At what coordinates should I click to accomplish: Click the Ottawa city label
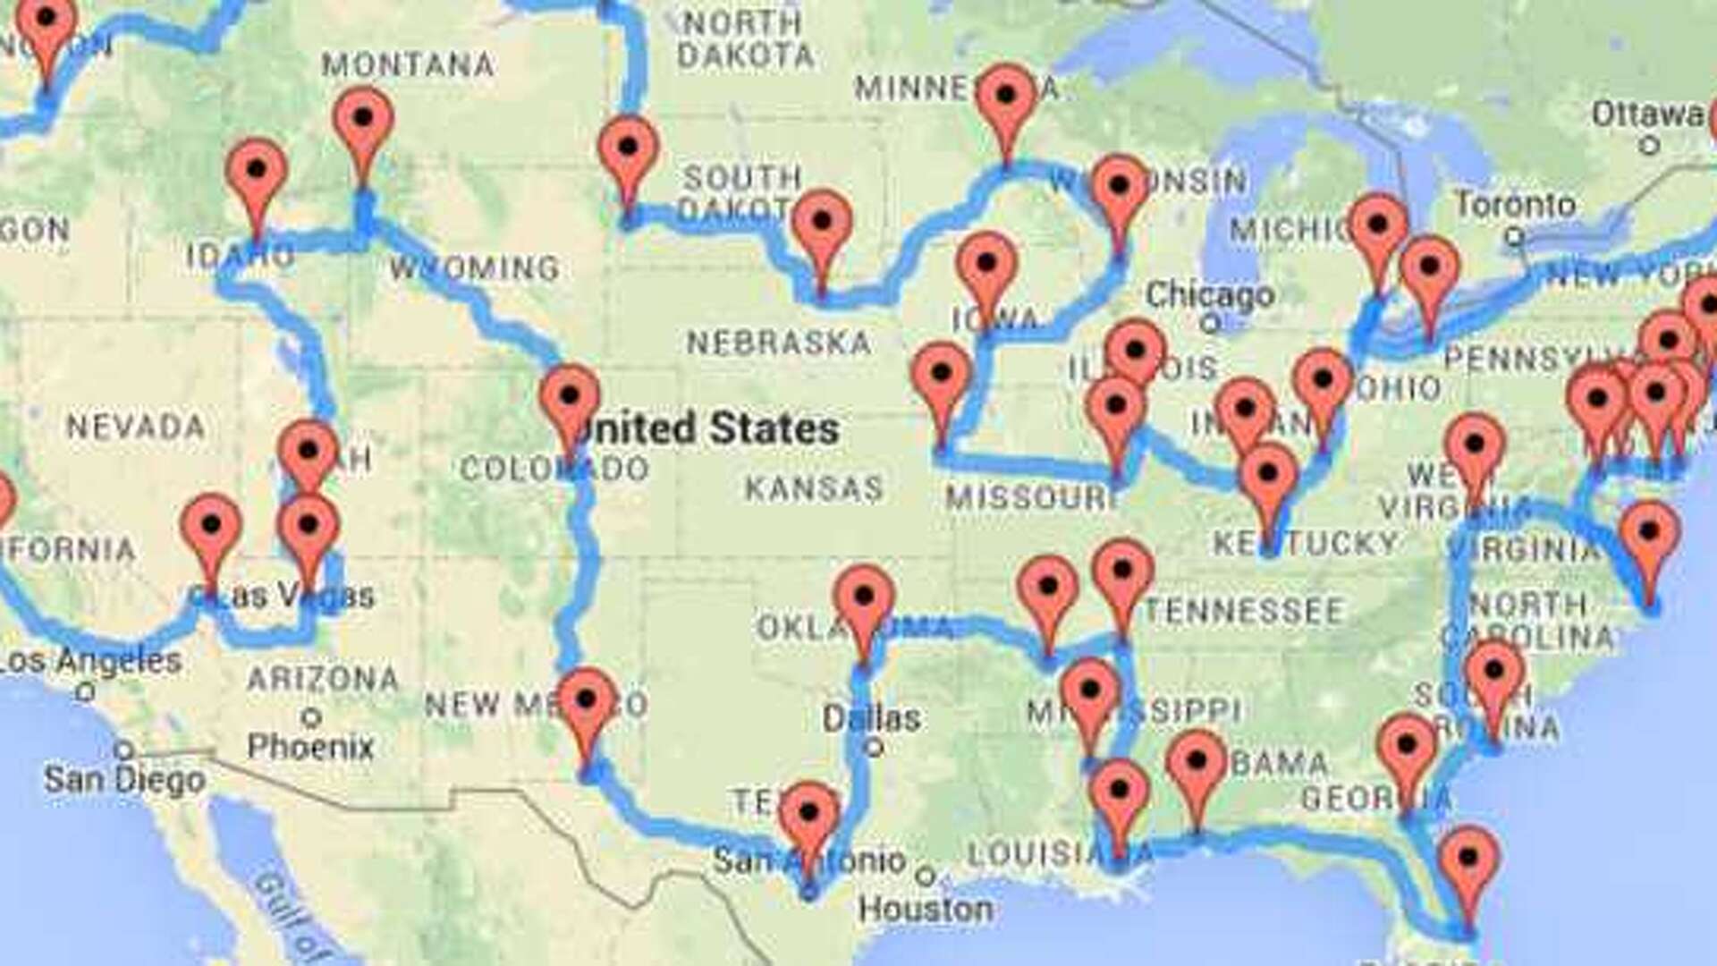click(1647, 114)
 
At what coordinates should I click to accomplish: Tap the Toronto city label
click(1515, 205)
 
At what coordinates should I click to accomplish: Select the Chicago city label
click(1209, 294)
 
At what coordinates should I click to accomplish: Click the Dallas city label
click(871, 717)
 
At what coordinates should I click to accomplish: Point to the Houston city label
click(926, 910)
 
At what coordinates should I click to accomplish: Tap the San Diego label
click(124, 779)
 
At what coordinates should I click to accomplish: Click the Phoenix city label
click(310, 746)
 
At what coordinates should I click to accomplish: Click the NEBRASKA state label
click(778, 342)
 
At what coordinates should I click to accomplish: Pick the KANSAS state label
click(814, 488)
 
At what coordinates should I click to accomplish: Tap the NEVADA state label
click(136, 427)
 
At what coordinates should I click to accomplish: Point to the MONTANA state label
click(407, 64)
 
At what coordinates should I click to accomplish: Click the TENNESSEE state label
click(1243, 611)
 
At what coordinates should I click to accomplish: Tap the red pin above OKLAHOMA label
click(864, 597)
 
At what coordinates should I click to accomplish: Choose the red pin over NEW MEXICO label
click(587, 699)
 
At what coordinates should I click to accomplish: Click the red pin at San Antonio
click(808, 813)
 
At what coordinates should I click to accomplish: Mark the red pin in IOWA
click(985, 264)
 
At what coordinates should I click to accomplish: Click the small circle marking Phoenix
click(311, 717)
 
